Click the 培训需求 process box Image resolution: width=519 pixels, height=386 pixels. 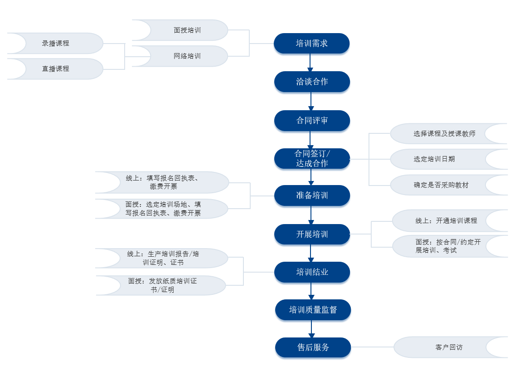(x=311, y=44)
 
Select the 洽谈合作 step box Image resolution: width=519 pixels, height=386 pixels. (x=312, y=82)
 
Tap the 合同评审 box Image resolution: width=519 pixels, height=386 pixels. (x=312, y=121)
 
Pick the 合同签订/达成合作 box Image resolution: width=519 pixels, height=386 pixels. (x=312, y=159)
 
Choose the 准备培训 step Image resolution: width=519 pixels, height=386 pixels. (x=312, y=195)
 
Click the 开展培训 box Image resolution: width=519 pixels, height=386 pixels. (x=312, y=235)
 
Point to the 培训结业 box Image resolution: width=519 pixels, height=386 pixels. (x=312, y=272)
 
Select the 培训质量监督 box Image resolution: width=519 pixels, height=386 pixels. (x=313, y=310)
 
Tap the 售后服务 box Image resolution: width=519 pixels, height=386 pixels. (x=313, y=347)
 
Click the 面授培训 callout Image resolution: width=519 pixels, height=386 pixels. (x=187, y=30)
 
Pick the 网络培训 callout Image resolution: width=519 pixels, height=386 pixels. (x=187, y=56)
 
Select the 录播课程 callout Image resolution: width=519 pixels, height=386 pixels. (x=55, y=44)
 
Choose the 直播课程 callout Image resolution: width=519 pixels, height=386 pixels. (x=55, y=69)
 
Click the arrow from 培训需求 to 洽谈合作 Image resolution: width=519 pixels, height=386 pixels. (x=310, y=63)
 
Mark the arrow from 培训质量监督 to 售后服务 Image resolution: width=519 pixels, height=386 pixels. (x=311, y=329)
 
